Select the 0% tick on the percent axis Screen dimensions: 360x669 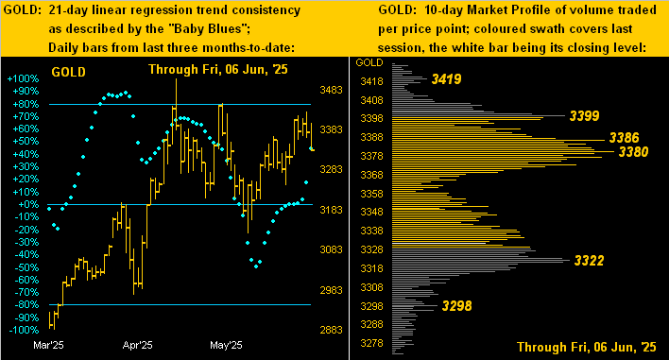(x=28, y=204)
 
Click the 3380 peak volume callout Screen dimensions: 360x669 (x=632, y=151)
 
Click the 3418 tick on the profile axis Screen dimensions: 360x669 (x=372, y=81)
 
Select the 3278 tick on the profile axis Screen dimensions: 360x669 (x=372, y=342)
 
